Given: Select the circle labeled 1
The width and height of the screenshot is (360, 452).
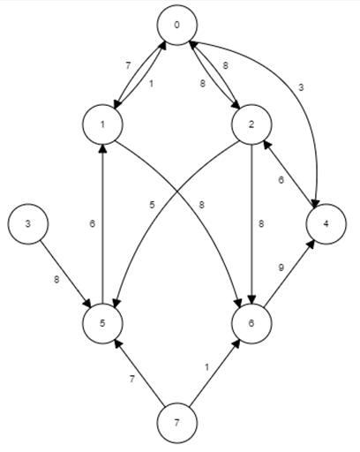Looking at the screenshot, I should click(103, 125).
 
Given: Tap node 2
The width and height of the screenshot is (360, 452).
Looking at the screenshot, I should click(252, 125).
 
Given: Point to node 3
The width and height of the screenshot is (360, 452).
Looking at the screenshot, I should click(28, 224).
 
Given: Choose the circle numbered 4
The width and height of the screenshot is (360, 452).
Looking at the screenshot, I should click(326, 224).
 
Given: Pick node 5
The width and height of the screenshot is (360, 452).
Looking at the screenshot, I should click(103, 323).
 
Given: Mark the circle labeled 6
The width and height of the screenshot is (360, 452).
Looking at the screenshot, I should click(252, 323).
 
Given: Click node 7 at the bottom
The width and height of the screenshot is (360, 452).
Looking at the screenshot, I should click(177, 423).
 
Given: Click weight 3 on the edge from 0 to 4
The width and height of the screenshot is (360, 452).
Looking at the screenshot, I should click(300, 87).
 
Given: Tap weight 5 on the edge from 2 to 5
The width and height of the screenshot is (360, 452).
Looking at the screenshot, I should click(154, 206).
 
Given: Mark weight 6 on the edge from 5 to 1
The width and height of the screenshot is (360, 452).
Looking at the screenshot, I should click(91, 224).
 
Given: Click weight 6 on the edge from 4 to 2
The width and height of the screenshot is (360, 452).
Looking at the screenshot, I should click(280, 180).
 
